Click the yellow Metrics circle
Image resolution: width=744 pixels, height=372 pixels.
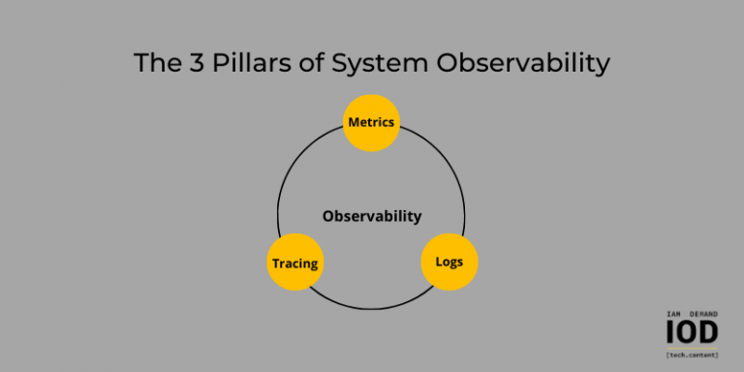click(x=372, y=123)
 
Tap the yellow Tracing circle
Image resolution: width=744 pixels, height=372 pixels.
click(x=294, y=263)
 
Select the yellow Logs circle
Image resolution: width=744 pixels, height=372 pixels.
click(x=449, y=262)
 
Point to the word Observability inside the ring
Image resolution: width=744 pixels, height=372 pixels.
click(x=372, y=216)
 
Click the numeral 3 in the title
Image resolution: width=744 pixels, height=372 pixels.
click(x=189, y=64)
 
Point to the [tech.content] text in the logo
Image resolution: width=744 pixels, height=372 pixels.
click(x=693, y=356)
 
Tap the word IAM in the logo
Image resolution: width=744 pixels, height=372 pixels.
click(x=674, y=314)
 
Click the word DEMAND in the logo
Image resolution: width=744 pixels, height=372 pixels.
click(x=703, y=314)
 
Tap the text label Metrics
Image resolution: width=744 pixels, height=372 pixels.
click(x=372, y=123)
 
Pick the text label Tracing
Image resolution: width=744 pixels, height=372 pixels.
click(x=294, y=263)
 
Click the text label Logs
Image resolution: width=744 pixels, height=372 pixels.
click(x=449, y=262)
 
